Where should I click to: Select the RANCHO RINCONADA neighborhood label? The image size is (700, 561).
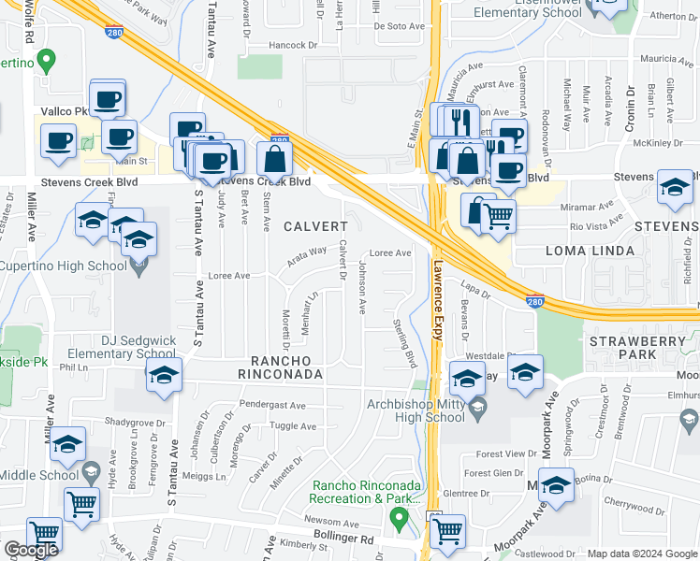pyautogui.click(x=284, y=367)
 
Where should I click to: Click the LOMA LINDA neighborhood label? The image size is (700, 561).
pyautogui.click(x=589, y=252)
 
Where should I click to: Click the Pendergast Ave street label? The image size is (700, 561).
pyautogui.click(x=272, y=406)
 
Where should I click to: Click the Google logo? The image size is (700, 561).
pyautogui.click(x=31, y=550)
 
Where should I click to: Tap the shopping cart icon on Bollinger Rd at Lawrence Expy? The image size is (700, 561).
pyautogui.click(x=448, y=530)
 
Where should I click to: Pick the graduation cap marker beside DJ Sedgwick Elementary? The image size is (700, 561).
pyautogui.click(x=164, y=375)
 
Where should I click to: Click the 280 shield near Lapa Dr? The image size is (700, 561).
pyautogui.click(x=533, y=302)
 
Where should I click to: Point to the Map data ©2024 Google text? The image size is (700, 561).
pyautogui.click(x=643, y=554)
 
